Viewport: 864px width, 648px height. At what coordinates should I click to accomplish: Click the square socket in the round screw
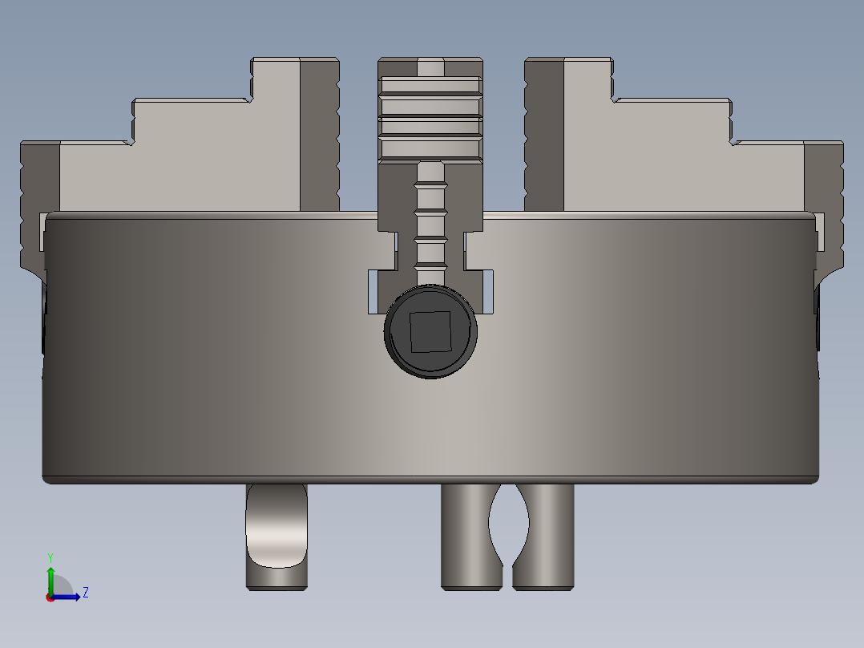(x=430, y=332)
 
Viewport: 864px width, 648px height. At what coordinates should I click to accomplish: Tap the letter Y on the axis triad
(x=50, y=557)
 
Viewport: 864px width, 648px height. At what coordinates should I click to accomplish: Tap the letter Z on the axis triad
(x=85, y=593)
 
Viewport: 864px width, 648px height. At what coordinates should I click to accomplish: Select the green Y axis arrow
(x=50, y=577)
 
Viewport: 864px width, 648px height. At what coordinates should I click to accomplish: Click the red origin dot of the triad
(x=50, y=597)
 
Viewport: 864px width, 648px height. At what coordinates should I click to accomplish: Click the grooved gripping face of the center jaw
(x=430, y=117)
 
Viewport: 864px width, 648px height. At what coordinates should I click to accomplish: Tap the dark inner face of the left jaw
(x=319, y=136)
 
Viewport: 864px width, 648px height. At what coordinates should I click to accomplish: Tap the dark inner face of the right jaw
(x=544, y=136)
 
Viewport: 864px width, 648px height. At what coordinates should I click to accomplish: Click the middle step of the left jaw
(x=192, y=120)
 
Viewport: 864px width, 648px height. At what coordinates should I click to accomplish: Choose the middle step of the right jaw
(x=673, y=120)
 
